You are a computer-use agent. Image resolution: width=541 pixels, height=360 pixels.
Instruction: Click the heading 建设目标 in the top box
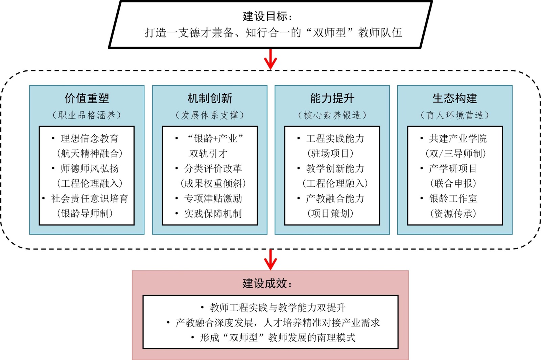(267, 16)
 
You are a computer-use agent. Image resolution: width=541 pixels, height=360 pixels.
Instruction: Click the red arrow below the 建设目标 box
(270, 60)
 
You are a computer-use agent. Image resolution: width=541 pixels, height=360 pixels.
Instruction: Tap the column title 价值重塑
(87, 98)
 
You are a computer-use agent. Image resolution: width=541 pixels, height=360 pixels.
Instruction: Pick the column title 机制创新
(210, 98)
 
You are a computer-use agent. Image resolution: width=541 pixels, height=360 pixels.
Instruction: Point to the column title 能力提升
(332, 98)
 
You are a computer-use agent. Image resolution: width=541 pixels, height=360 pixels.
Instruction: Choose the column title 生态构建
(455, 98)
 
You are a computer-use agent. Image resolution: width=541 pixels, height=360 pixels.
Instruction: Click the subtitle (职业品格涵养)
(87, 115)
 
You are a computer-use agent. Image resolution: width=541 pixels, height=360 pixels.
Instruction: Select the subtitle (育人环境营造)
(455, 115)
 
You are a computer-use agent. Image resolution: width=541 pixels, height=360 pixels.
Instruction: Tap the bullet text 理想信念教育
(90, 138)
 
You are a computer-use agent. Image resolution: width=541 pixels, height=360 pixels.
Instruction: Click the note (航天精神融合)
(90, 154)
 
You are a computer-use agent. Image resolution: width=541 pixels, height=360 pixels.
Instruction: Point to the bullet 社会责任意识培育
(90, 199)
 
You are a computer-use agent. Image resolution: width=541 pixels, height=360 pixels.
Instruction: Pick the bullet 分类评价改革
(213, 168)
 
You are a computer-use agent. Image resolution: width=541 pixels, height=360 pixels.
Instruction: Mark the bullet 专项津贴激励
(213, 199)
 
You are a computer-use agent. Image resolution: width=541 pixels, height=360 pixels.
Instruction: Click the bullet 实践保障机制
(213, 213)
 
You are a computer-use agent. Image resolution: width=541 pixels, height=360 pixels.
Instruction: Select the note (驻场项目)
(330, 154)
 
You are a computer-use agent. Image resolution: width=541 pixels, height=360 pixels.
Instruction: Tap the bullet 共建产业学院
(458, 138)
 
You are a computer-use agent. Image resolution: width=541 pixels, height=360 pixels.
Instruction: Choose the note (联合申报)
(453, 183)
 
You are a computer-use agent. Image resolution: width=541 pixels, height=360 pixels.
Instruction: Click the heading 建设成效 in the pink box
(267, 284)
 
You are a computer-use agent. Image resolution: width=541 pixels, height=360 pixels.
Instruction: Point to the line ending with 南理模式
(277, 338)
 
